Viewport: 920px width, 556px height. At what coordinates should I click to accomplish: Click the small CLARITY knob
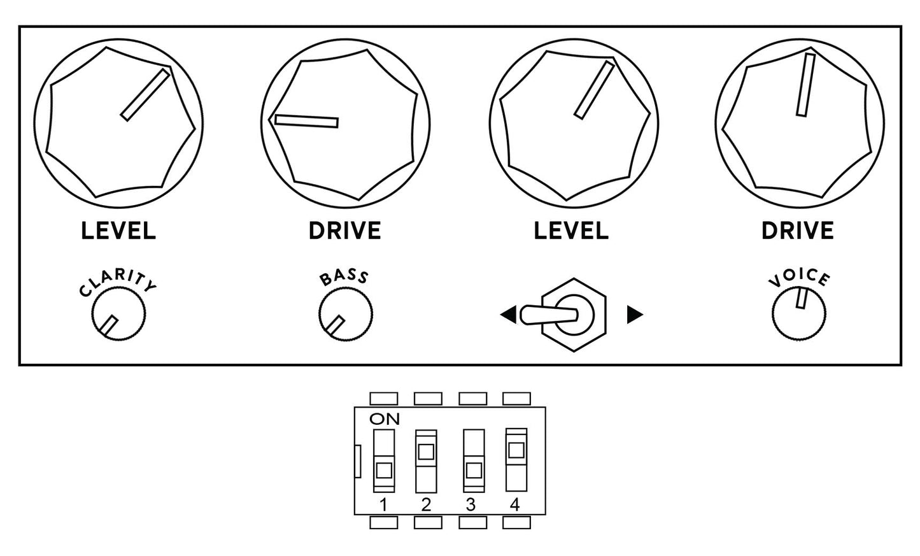pyautogui.click(x=118, y=313)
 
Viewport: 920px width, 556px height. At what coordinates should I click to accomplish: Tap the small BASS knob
pyautogui.click(x=346, y=314)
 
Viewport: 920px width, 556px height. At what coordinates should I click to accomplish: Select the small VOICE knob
pyautogui.click(x=799, y=313)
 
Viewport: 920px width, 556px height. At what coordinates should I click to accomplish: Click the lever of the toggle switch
pyautogui.click(x=549, y=315)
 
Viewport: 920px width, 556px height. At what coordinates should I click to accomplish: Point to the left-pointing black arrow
pyautogui.click(x=509, y=315)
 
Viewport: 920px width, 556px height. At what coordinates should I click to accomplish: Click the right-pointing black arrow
pyautogui.click(x=635, y=315)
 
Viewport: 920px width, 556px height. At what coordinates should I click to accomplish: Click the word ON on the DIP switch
pyautogui.click(x=385, y=419)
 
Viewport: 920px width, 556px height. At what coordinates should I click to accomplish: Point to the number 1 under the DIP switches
pyautogui.click(x=384, y=504)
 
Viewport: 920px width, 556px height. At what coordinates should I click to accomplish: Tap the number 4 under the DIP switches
pyautogui.click(x=515, y=504)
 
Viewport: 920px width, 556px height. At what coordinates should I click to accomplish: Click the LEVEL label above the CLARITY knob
pyautogui.click(x=118, y=231)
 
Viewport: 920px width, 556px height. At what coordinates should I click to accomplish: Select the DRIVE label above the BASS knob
pyautogui.click(x=345, y=231)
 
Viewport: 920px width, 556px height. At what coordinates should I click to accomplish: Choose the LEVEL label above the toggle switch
pyautogui.click(x=571, y=231)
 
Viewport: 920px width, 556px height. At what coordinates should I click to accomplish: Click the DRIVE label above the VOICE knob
pyautogui.click(x=798, y=231)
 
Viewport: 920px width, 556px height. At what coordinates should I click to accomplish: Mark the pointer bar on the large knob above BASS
pyautogui.click(x=306, y=121)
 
